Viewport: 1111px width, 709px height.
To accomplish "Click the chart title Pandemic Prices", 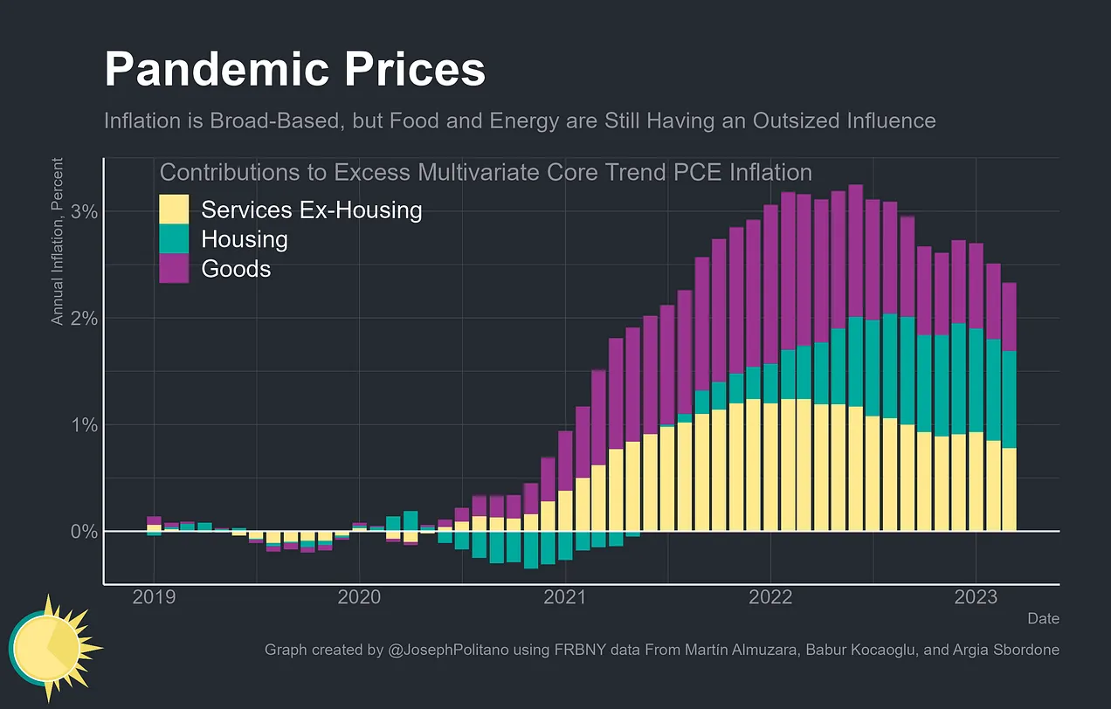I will click(294, 70).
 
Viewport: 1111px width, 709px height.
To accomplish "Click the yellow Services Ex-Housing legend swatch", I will click(174, 210).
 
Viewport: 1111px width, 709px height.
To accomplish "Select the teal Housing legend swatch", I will click(174, 238).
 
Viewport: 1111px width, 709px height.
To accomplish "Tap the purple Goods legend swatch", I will click(174, 268).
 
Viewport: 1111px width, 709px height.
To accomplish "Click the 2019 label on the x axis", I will click(154, 597).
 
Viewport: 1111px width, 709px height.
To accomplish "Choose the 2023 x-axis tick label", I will click(976, 597).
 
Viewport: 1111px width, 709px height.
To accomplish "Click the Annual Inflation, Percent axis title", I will click(58, 242).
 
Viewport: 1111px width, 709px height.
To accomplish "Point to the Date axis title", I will click(1043, 618).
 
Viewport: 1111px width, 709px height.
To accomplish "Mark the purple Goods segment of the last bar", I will click(1009, 316).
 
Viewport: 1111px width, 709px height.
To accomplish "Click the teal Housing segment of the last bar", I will click(1009, 399).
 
